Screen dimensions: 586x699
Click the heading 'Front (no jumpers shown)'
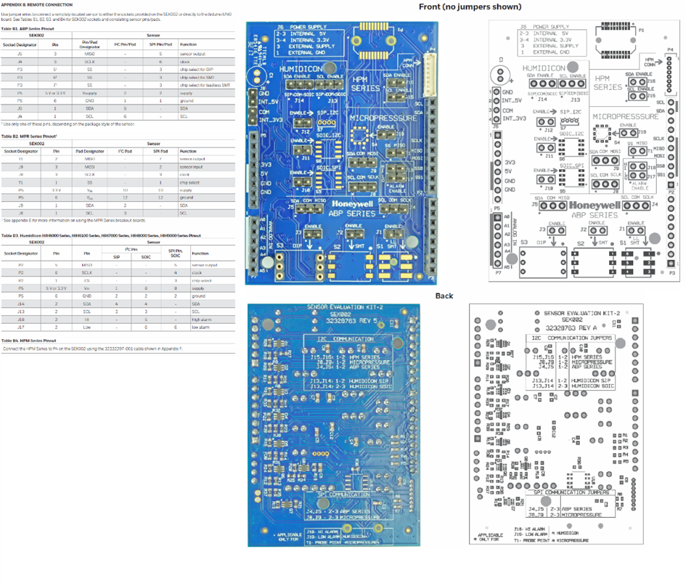point(470,7)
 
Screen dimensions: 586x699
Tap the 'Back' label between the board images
point(443,296)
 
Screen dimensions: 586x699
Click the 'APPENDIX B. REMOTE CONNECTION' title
point(36,4)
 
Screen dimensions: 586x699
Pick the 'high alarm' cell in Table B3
point(200,319)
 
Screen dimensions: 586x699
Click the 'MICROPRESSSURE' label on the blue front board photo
point(384,117)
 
